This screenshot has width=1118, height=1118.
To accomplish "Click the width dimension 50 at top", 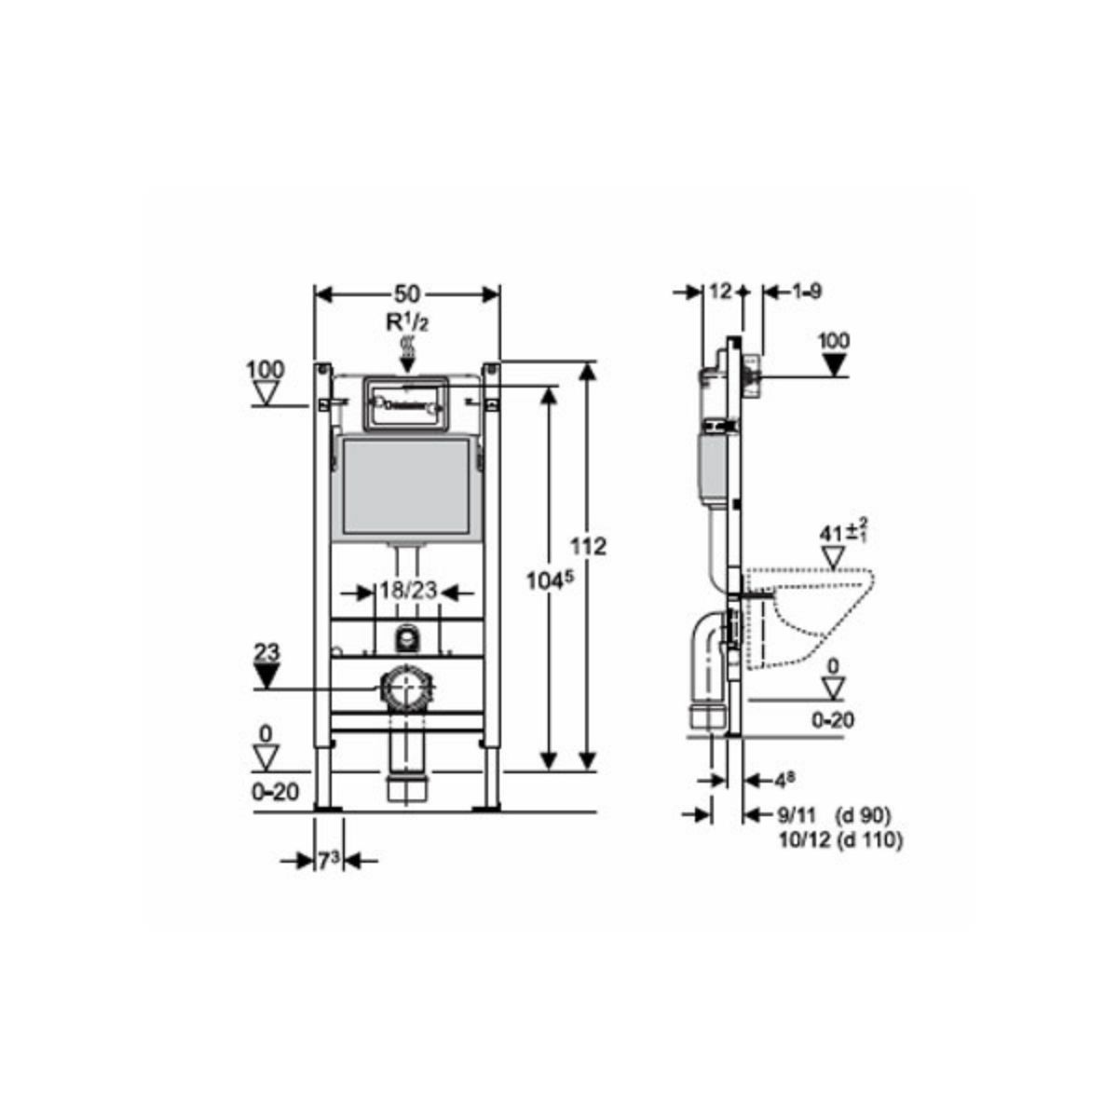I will pyautogui.click(x=406, y=294).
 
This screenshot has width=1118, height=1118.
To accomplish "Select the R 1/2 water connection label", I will pyautogui.click(x=407, y=322).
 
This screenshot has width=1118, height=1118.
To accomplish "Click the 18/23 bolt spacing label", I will pyautogui.click(x=407, y=591).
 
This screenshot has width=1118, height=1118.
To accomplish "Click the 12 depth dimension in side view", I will pyautogui.click(x=720, y=291).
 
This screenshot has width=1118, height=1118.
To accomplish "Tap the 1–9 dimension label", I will pyautogui.click(x=806, y=291).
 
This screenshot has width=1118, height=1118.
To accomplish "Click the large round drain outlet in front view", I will pyautogui.click(x=405, y=690).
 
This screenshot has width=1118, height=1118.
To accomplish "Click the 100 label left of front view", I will pyautogui.click(x=266, y=370).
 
